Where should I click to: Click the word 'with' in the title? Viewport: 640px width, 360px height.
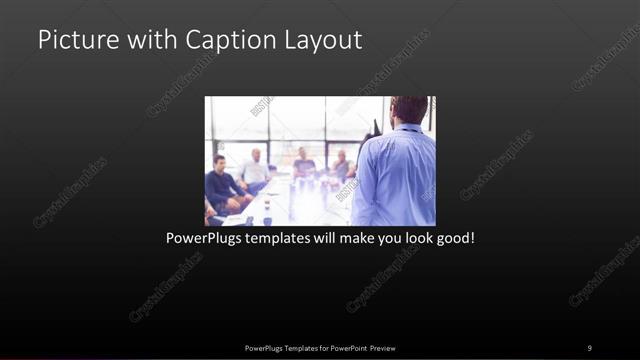150,41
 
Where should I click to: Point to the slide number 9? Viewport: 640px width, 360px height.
589,347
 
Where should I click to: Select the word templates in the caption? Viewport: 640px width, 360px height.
284,240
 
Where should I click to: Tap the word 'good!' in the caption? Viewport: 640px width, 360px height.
451,240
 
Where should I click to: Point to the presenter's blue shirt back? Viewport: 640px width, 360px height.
396,175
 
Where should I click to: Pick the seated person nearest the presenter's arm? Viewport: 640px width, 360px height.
341,165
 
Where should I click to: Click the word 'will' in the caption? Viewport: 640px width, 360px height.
324,240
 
